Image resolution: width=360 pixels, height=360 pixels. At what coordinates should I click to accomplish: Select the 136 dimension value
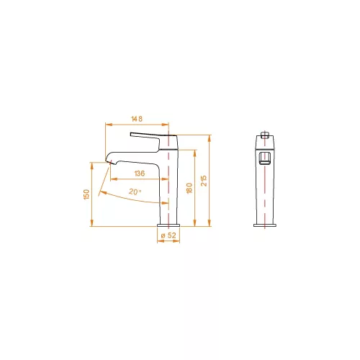(139, 174)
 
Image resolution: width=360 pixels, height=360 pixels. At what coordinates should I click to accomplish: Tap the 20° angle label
(135, 192)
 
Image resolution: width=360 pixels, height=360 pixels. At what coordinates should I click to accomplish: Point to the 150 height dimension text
(86, 194)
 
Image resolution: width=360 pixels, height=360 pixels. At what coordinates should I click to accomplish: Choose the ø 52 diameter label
(168, 235)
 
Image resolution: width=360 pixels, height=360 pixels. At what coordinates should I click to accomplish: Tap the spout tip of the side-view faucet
(108, 161)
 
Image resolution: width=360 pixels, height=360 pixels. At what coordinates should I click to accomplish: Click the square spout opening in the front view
(265, 158)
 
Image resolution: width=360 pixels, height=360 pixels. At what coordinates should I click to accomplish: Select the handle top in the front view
(265, 135)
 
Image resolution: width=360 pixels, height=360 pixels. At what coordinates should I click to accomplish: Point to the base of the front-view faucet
(265, 225)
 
